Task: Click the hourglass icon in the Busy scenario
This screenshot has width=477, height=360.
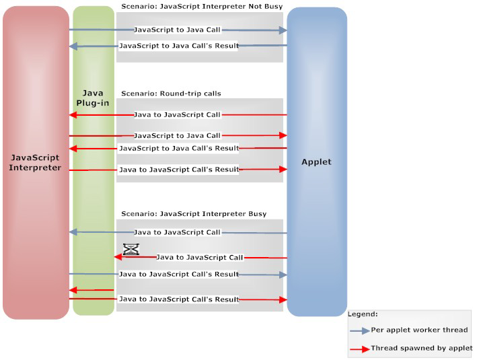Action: point(131,249)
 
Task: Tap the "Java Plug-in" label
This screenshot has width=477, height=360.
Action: point(93,98)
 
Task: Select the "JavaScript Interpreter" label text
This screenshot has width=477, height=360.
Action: point(35,162)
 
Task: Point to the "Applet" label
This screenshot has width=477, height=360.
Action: point(316,162)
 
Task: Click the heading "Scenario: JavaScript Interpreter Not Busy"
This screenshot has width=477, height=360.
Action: point(202,6)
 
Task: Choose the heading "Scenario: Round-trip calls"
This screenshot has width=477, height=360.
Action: point(171,94)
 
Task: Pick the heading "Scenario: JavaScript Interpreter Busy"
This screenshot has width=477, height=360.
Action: point(194,213)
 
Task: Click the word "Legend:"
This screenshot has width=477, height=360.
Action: point(363,314)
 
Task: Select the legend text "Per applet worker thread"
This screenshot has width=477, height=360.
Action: point(419,330)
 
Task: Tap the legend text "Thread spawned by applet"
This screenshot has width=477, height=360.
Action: point(422,348)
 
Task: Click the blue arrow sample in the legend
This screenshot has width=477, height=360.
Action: point(360,331)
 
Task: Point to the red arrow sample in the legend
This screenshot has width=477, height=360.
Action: point(360,349)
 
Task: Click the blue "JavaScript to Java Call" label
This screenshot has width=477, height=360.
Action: point(177,30)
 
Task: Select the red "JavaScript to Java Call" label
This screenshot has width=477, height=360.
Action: point(177,136)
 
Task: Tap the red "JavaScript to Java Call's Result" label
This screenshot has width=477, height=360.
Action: point(179,149)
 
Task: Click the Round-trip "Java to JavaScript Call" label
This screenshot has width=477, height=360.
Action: point(177,114)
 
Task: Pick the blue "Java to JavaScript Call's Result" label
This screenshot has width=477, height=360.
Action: point(179,274)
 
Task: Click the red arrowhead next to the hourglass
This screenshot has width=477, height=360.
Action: point(118,257)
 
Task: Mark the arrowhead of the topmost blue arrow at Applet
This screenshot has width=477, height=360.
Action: point(283,30)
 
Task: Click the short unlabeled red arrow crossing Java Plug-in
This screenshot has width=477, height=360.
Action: point(91,290)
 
